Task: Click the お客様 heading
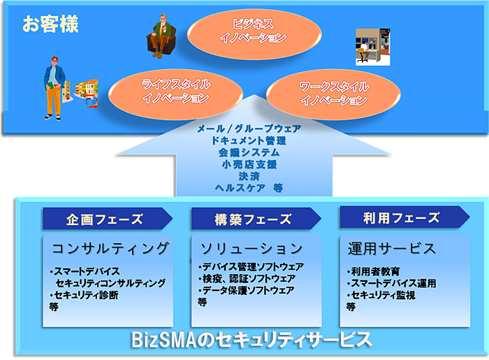(x=50, y=25)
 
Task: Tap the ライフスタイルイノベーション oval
(x=175, y=93)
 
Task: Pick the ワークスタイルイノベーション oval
(x=333, y=94)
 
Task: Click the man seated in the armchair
(x=163, y=36)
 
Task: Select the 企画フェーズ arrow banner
(x=107, y=219)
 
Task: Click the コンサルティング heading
(x=110, y=248)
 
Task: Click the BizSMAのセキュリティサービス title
(x=251, y=342)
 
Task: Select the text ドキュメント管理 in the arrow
(x=249, y=141)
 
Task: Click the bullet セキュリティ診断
(x=87, y=296)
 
